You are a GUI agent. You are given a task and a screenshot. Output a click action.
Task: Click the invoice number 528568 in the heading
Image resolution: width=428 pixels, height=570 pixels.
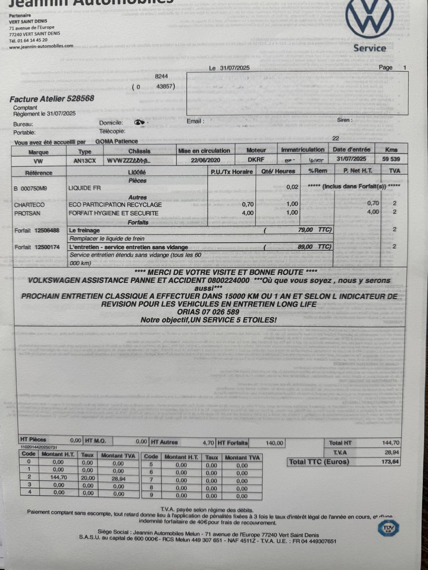pyautogui.click(x=81, y=99)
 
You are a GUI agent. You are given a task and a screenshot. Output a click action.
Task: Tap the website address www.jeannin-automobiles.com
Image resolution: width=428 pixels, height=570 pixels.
pyautogui.click(x=41, y=46)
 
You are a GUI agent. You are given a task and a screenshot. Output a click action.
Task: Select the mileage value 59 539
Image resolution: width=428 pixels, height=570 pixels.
pyautogui.click(x=391, y=159)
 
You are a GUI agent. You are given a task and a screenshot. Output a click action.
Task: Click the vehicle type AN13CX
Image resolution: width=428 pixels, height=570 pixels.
pyautogui.click(x=85, y=161)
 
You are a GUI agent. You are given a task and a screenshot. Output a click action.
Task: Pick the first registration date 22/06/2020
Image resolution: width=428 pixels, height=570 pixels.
pyautogui.click(x=205, y=160)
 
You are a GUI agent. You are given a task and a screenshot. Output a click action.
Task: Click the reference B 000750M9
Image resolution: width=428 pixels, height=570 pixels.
pyautogui.click(x=30, y=189)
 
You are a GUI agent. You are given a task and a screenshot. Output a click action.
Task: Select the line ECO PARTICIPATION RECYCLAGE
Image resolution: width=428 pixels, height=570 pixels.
pyautogui.click(x=115, y=205)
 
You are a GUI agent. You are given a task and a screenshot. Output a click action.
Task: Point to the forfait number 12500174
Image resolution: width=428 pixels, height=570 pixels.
pyautogui.click(x=47, y=247)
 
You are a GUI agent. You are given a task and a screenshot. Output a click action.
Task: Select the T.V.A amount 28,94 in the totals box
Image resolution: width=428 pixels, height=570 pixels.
pyautogui.click(x=392, y=452)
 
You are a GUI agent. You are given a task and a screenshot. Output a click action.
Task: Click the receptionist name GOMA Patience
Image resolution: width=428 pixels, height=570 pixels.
pyautogui.click(x=117, y=142)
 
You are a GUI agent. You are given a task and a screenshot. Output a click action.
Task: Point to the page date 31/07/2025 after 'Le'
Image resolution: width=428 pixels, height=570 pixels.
pyautogui.click(x=235, y=68)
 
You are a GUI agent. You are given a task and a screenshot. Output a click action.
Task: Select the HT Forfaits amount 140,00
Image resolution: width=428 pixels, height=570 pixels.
pyautogui.click(x=274, y=443)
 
